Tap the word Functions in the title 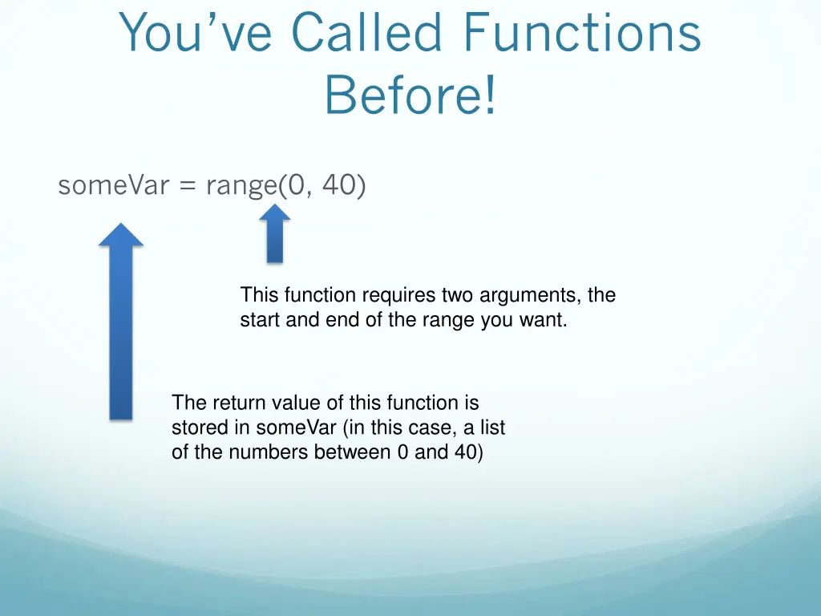pyautogui.click(x=583, y=34)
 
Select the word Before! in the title pyautogui.click(x=410, y=95)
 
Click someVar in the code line pyautogui.click(x=113, y=185)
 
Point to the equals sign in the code pyautogui.click(x=188, y=186)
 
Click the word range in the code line pyautogui.click(x=241, y=186)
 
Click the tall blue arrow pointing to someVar pyautogui.click(x=121, y=337)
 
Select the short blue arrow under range pyautogui.click(x=275, y=241)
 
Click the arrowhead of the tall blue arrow pyautogui.click(x=121, y=233)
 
